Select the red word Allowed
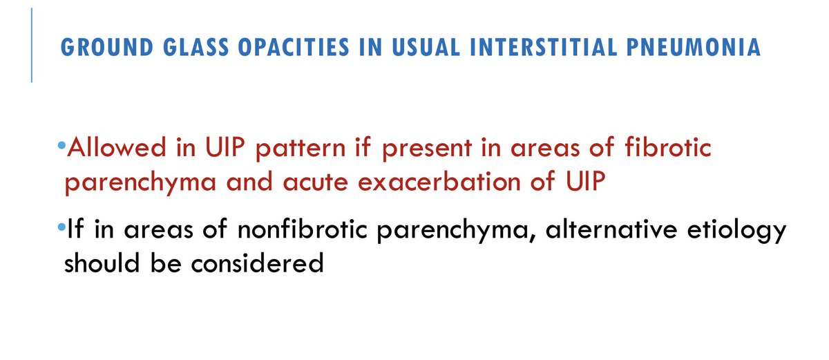110,148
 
